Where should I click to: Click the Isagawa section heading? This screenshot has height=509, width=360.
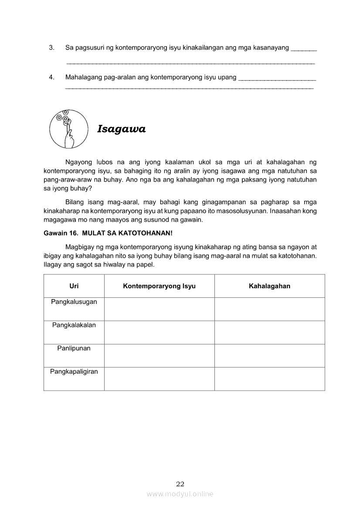[121, 129]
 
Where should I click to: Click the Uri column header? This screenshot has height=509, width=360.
[74, 286]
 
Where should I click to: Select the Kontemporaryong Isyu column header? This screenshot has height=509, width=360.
[159, 286]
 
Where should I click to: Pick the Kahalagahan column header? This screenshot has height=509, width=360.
[269, 286]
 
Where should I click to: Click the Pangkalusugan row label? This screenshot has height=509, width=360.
[74, 302]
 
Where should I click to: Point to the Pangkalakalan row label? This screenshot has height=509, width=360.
[74, 325]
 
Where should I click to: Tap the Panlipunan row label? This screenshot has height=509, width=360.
[74, 348]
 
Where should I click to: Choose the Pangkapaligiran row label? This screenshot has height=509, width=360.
[74, 371]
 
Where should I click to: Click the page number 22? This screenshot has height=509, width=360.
[180, 484]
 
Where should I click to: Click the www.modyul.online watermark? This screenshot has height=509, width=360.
[180, 494]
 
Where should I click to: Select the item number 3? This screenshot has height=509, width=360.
[51, 47]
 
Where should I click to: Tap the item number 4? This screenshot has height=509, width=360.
[51, 78]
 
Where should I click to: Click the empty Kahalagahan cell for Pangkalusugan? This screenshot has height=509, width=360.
[269, 309]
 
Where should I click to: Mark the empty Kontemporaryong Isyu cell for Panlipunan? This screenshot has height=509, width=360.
[159, 356]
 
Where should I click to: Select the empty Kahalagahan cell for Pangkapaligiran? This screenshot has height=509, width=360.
[269, 379]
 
